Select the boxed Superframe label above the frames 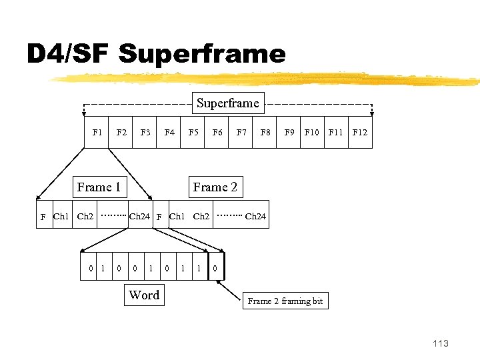(228, 103)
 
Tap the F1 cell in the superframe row (97, 132)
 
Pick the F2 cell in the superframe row (121, 132)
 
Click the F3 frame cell (145, 132)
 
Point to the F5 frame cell (193, 132)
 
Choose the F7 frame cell (241, 132)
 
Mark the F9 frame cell (289, 132)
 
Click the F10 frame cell (312, 132)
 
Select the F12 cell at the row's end (360, 132)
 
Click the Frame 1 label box (99, 187)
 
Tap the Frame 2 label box (215, 187)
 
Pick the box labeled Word (144, 295)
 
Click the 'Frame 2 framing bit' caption (285, 301)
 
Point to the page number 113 (441, 343)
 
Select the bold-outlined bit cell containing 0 (216, 268)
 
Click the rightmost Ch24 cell (255, 216)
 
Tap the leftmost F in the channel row (43, 217)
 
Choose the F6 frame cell (217, 132)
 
